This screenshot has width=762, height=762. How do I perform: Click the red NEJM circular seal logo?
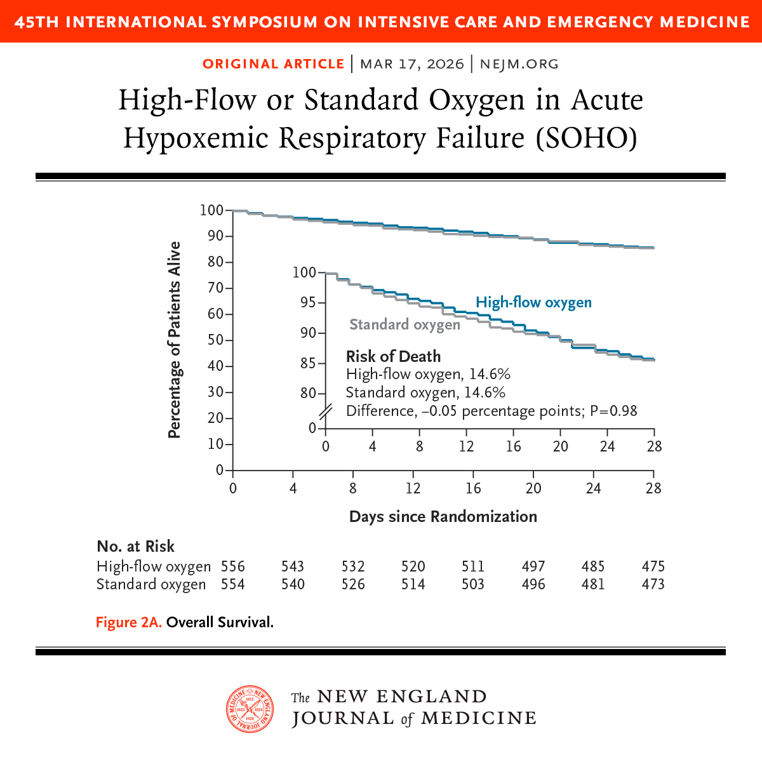[250, 709]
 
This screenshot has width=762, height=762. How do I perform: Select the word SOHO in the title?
[587, 138]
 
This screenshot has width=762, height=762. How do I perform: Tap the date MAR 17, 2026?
[412, 64]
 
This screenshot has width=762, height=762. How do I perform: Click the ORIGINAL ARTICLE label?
[274, 64]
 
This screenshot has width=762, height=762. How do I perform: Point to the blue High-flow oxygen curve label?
[533, 302]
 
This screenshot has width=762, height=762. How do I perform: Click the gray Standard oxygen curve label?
[404, 324]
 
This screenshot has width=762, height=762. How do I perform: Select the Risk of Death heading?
[393, 356]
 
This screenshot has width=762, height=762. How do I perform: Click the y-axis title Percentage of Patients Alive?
[175, 340]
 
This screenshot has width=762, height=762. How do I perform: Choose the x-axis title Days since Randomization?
[443, 516]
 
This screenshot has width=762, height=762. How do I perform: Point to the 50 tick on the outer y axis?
[215, 340]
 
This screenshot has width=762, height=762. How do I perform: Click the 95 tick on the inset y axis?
[308, 302]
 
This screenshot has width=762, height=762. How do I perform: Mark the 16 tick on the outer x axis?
[473, 488]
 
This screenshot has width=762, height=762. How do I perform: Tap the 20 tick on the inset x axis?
[560, 446]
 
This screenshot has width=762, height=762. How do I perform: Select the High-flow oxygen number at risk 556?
[233, 566]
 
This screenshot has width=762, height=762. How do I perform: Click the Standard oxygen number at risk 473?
[653, 584]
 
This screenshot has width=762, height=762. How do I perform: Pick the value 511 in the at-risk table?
[473, 566]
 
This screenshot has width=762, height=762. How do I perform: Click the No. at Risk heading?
[135, 546]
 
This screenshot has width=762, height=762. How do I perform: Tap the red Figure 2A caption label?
[129, 622]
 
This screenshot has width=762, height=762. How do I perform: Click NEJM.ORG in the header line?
[519, 64]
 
